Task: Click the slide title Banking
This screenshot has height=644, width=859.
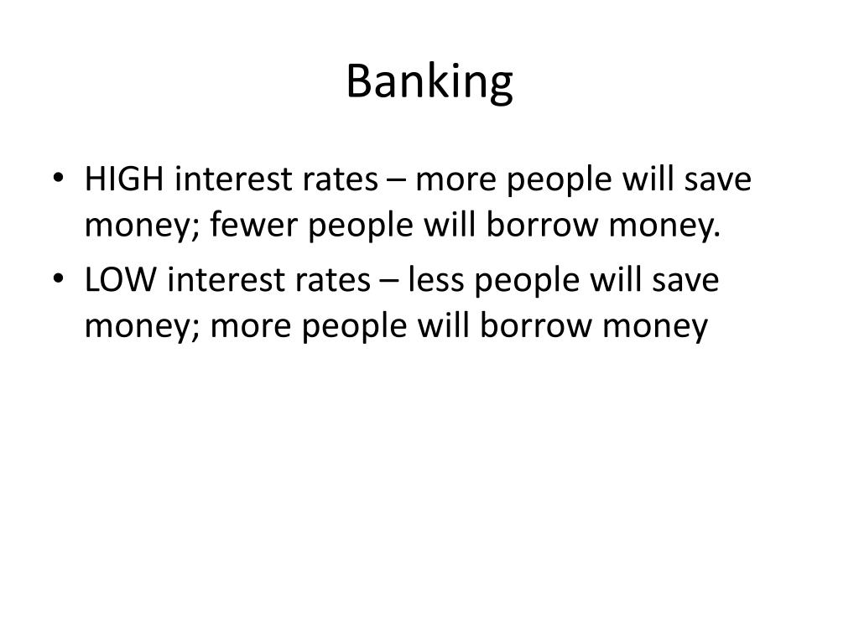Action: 429,82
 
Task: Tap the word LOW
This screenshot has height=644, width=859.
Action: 120,280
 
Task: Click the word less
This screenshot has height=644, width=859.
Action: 437,280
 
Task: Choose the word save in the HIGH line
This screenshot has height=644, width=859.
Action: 716,179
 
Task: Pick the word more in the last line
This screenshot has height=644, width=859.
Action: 247,325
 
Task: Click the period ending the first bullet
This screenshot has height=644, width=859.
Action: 718,233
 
